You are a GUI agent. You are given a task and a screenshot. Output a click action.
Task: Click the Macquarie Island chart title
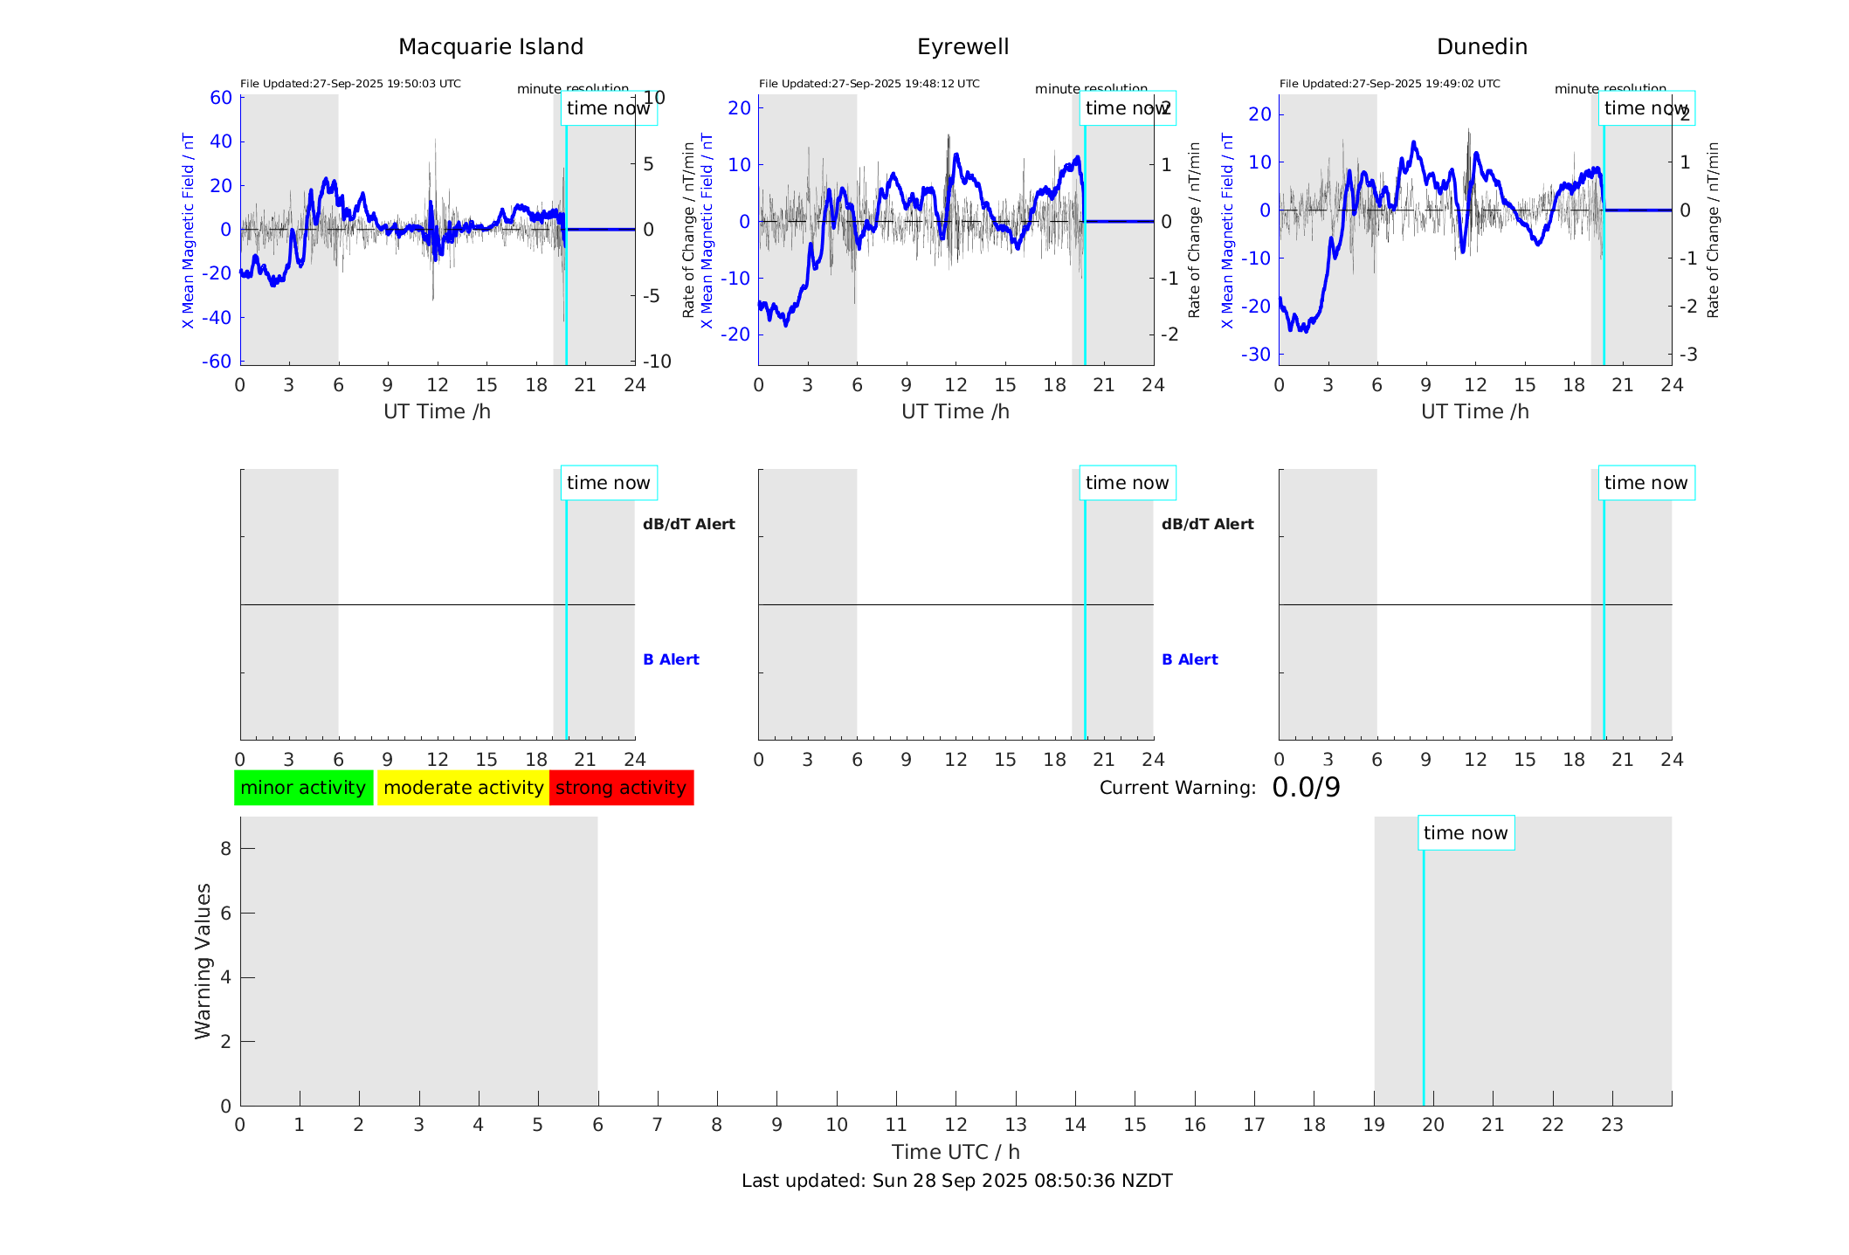tap(490, 47)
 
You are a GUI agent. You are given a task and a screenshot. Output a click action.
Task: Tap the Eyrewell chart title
tap(962, 47)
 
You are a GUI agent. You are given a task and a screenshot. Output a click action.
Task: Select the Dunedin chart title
tap(1481, 47)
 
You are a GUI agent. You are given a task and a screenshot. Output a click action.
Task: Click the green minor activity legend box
tap(303, 788)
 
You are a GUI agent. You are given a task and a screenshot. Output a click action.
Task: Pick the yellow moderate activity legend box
tap(463, 788)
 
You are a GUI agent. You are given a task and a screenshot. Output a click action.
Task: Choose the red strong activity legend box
tap(621, 788)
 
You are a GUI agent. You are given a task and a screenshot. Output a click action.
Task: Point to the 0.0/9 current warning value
tap(1306, 788)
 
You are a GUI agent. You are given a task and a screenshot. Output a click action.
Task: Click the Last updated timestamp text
tap(956, 1181)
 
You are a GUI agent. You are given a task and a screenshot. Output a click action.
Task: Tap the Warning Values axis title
tap(203, 961)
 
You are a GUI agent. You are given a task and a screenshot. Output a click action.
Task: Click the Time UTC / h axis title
tap(956, 1152)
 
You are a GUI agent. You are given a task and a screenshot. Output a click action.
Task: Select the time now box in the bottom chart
tap(1466, 833)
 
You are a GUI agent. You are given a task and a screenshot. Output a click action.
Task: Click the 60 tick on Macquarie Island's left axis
tap(221, 98)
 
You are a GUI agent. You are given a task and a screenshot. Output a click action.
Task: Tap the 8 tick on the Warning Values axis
tap(225, 848)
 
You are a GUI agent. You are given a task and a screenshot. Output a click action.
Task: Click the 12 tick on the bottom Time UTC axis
tap(956, 1125)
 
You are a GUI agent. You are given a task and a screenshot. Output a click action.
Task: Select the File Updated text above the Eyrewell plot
tap(869, 84)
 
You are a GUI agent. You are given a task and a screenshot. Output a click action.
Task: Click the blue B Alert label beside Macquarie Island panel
tap(671, 659)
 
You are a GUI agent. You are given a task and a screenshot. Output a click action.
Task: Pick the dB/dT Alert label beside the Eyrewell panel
tap(1207, 524)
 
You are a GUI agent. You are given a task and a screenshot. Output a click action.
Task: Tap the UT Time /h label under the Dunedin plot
tap(1474, 411)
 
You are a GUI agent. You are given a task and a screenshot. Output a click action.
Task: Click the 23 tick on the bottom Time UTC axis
tap(1611, 1125)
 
